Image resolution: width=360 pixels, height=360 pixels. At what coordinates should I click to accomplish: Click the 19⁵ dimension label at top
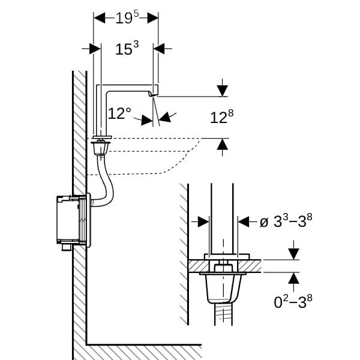pyautogui.click(x=127, y=17)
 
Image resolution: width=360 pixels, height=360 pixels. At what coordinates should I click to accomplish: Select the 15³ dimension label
pyautogui.click(x=127, y=48)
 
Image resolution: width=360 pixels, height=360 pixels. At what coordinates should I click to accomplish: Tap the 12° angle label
pyautogui.click(x=119, y=113)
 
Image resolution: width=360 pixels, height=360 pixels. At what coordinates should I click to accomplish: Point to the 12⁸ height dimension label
pyautogui.click(x=222, y=117)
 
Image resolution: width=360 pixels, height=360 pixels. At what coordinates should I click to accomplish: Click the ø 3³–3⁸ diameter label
pyautogui.click(x=286, y=221)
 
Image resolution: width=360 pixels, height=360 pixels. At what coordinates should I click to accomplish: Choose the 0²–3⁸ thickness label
pyautogui.click(x=293, y=301)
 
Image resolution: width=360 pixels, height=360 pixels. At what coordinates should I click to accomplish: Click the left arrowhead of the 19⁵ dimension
pyautogui.click(x=100, y=18)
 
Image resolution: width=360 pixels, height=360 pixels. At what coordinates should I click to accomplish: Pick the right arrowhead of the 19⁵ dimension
pyautogui.click(x=152, y=18)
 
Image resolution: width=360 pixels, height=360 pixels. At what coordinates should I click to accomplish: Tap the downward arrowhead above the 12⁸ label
pyautogui.click(x=222, y=91)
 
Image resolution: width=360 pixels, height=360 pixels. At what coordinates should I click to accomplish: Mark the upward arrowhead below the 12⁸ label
pyautogui.click(x=222, y=145)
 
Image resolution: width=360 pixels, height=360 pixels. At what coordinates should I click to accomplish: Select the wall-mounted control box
pyautogui.click(x=73, y=221)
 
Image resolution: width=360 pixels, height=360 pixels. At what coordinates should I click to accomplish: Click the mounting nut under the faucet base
pyautogui.click(x=101, y=148)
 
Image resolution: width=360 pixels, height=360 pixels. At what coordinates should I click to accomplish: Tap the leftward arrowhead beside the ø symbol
pyautogui.click(x=244, y=222)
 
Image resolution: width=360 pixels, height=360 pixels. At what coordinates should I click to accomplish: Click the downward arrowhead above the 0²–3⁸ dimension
pyautogui.click(x=293, y=254)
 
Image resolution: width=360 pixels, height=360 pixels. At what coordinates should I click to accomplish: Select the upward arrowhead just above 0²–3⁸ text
pyautogui.click(x=293, y=278)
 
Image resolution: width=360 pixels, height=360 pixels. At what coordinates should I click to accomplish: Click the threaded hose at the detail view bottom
pyautogui.click(x=223, y=314)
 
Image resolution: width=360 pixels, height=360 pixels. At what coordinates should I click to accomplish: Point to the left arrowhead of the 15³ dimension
pyautogui.click(x=95, y=49)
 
